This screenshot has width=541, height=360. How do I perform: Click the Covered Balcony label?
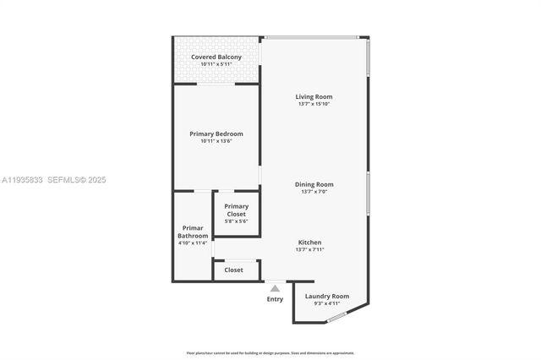point(216,57)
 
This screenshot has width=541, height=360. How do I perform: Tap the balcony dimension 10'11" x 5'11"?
point(216,65)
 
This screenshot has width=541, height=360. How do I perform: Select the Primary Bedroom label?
point(216,134)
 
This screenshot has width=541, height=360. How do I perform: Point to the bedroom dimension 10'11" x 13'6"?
point(216,141)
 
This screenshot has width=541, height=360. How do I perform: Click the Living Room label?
point(314,96)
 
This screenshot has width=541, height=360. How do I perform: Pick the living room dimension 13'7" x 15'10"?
point(314,104)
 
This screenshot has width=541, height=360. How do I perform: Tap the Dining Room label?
point(314,184)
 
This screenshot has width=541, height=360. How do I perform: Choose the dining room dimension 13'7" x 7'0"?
point(314,192)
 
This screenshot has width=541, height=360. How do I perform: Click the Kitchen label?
point(309,242)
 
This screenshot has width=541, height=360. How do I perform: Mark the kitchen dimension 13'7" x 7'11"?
point(309,249)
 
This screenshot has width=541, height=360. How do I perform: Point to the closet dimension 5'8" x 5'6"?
point(237,221)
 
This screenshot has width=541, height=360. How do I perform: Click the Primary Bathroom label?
point(193,232)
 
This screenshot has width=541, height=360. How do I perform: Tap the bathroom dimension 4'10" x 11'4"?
point(193,243)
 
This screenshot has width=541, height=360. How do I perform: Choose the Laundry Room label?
point(327,296)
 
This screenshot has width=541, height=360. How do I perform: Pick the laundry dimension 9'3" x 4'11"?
point(327,303)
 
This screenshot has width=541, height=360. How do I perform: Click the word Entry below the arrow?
point(275,299)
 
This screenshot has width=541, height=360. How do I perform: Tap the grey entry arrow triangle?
point(275,288)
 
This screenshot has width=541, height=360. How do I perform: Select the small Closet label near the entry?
point(234,270)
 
